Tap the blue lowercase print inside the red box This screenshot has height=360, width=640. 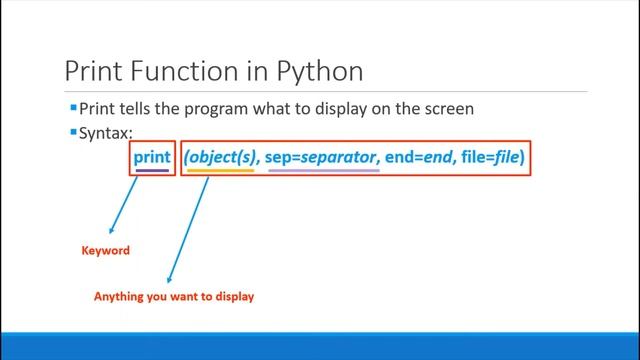tap(152, 157)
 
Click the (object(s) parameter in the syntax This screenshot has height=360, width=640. tap(221, 157)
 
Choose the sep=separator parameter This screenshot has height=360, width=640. tap(322, 157)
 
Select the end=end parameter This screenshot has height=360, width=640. tap(420, 157)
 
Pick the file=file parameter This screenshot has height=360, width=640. tap(491, 157)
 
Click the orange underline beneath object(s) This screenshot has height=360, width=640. tap(221, 171)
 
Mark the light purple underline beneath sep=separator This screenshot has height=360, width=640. tap(324, 171)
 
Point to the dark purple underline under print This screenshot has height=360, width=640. tap(152, 171)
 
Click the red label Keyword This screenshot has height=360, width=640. tap(105, 251)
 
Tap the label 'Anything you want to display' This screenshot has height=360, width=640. tap(174, 297)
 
